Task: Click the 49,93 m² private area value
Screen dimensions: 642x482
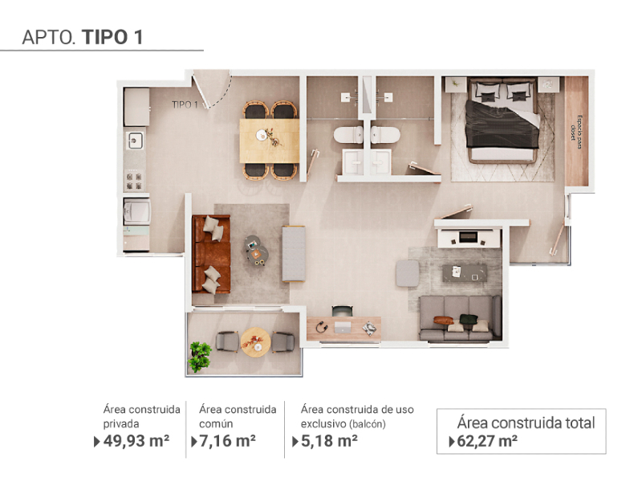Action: [x=136, y=441]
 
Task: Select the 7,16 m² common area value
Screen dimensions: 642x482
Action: [x=228, y=441]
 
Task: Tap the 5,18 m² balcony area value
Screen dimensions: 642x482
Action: [x=329, y=441]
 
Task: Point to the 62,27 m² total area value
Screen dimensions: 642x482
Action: [x=487, y=441]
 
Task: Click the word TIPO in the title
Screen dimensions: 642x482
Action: [x=105, y=37]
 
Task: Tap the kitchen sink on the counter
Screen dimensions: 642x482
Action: [x=135, y=140]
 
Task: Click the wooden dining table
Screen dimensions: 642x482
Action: [x=270, y=141]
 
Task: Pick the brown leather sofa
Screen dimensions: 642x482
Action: [x=211, y=254]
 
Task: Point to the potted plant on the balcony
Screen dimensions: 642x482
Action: [x=200, y=357]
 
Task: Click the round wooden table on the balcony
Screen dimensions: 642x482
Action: [x=255, y=342]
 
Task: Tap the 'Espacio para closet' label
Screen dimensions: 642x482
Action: [x=576, y=128]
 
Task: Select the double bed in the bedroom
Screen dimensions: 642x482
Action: [x=502, y=120]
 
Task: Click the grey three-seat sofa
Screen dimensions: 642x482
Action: [x=460, y=318]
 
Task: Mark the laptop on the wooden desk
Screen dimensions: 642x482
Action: [x=343, y=327]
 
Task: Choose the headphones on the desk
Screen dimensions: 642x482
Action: [x=322, y=327]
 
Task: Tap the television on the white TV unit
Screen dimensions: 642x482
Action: [x=468, y=237]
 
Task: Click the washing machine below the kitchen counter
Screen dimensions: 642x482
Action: [x=137, y=211]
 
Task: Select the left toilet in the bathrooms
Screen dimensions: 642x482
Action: [x=348, y=135]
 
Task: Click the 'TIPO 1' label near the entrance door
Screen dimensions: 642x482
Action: [x=185, y=105]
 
